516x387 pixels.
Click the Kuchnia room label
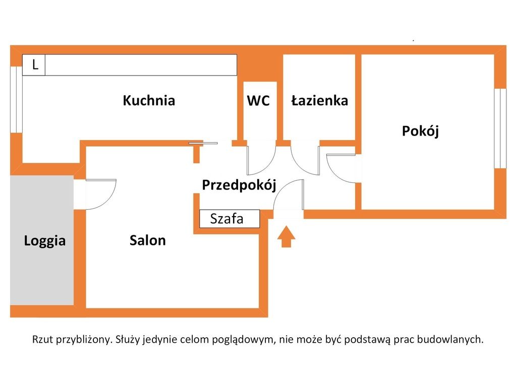pyautogui.click(x=149, y=100)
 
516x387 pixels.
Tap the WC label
pyautogui.click(x=258, y=101)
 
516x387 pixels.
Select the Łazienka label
pyautogui.click(x=320, y=100)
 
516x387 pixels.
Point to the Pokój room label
pyautogui.click(x=420, y=131)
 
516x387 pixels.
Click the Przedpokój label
pyautogui.click(x=239, y=185)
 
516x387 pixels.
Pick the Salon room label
pyautogui.click(x=147, y=240)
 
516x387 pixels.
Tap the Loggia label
pyautogui.click(x=45, y=241)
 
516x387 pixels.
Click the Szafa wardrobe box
pyautogui.click(x=230, y=219)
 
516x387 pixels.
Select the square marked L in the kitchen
pyautogui.click(x=34, y=65)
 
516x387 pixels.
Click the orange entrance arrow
pyautogui.click(x=286, y=236)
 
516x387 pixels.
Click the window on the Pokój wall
pyautogui.click(x=500, y=128)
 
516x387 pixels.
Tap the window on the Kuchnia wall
pyautogui.click(x=16, y=100)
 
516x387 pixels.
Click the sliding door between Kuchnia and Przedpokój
pyautogui.click(x=203, y=143)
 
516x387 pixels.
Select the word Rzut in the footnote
pyautogui.click(x=43, y=339)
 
